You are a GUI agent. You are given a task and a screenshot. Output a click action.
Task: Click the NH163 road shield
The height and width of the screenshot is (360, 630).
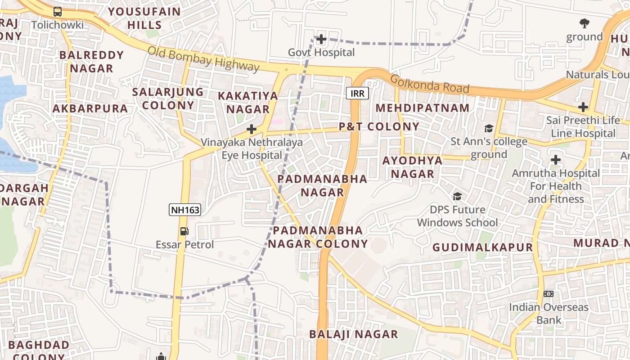click(184, 210)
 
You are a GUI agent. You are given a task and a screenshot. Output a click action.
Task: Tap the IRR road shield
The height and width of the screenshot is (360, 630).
click(358, 93)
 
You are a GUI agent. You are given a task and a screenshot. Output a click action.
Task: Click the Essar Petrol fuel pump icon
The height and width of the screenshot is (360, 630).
click(184, 231)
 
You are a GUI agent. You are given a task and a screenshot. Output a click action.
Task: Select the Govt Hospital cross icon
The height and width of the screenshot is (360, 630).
click(321, 39)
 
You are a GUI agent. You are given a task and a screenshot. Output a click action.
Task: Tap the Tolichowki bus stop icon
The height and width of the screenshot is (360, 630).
click(58, 12)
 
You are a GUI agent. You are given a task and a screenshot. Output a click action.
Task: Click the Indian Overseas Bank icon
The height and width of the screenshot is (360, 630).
click(549, 294)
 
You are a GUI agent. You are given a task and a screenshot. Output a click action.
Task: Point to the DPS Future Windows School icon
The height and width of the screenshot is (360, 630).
click(457, 196)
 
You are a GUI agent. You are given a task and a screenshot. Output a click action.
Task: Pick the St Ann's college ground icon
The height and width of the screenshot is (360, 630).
click(489, 129)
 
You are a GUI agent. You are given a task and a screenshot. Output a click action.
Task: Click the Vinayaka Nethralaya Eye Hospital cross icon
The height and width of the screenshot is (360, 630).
click(252, 130)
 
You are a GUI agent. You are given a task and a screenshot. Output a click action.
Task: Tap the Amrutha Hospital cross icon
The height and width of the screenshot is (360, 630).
click(556, 160)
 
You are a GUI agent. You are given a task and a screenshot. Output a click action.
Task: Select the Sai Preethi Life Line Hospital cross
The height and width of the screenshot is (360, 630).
click(583, 107)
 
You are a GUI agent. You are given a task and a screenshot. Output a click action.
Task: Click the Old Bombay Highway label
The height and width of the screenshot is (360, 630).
click(203, 59)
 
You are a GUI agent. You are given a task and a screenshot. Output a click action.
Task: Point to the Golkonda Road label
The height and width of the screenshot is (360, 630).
click(430, 84)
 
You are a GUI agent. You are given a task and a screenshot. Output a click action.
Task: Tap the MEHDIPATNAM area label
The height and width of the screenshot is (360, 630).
click(423, 108)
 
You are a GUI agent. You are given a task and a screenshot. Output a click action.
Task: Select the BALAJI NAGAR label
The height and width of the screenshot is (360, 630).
click(354, 334)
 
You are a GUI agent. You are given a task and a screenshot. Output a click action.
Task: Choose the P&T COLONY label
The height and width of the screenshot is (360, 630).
click(379, 127)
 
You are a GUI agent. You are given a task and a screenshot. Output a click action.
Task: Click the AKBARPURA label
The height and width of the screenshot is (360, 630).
click(90, 108)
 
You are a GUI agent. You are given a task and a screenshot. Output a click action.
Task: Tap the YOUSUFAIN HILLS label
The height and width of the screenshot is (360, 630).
click(144, 18)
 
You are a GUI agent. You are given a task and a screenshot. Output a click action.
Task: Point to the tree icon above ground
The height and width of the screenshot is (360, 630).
click(584, 23)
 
